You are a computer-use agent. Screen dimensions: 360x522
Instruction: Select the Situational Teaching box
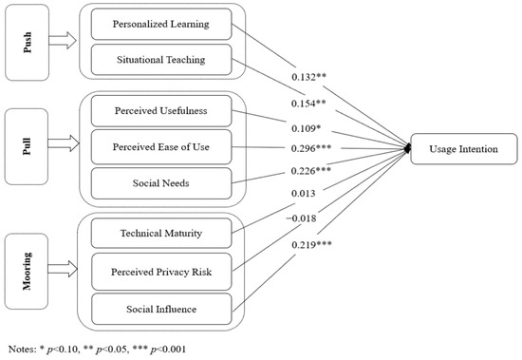click(x=161, y=62)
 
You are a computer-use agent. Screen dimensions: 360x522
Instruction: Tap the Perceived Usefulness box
click(x=161, y=112)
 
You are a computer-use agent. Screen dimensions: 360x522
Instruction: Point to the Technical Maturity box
click(x=161, y=232)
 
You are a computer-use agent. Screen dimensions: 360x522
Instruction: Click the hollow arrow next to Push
click(x=66, y=43)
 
